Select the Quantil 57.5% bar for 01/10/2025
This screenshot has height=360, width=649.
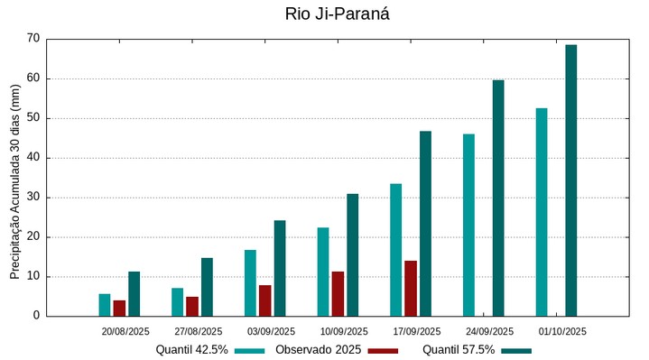pyautogui.click(x=570, y=180)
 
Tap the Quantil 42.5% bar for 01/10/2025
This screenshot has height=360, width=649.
pyautogui.click(x=542, y=212)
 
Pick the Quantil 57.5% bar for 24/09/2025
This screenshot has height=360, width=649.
pyautogui.click(x=498, y=198)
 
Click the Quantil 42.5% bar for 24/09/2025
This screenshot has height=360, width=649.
pyautogui.click(x=468, y=225)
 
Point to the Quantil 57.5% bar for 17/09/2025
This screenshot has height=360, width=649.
pyautogui.click(x=425, y=224)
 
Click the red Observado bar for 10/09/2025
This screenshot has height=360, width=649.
pyautogui.click(x=338, y=294)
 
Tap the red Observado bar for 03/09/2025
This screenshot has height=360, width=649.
pyautogui.click(x=265, y=300)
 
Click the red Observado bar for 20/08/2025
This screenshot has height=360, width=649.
pyautogui.click(x=119, y=308)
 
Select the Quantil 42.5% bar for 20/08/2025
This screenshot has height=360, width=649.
pyautogui.click(x=105, y=305)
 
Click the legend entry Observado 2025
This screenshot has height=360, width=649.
pyautogui.click(x=318, y=350)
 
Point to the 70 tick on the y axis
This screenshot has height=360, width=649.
pyautogui.click(x=33, y=39)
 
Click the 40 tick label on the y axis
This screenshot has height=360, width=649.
pyautogui.click(x=33, y=158)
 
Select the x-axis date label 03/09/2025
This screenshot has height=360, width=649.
pyautogui.click(x=271, y=331)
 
